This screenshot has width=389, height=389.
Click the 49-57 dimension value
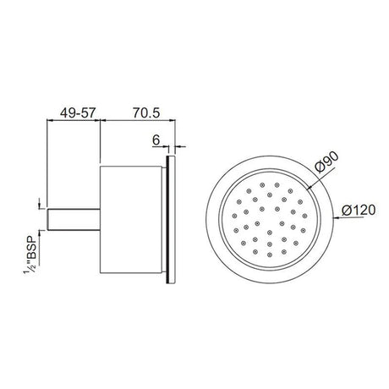click(72, 110)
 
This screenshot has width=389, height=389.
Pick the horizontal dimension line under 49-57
click(72, 120)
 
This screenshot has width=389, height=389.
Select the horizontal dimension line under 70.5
click(139, 120)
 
